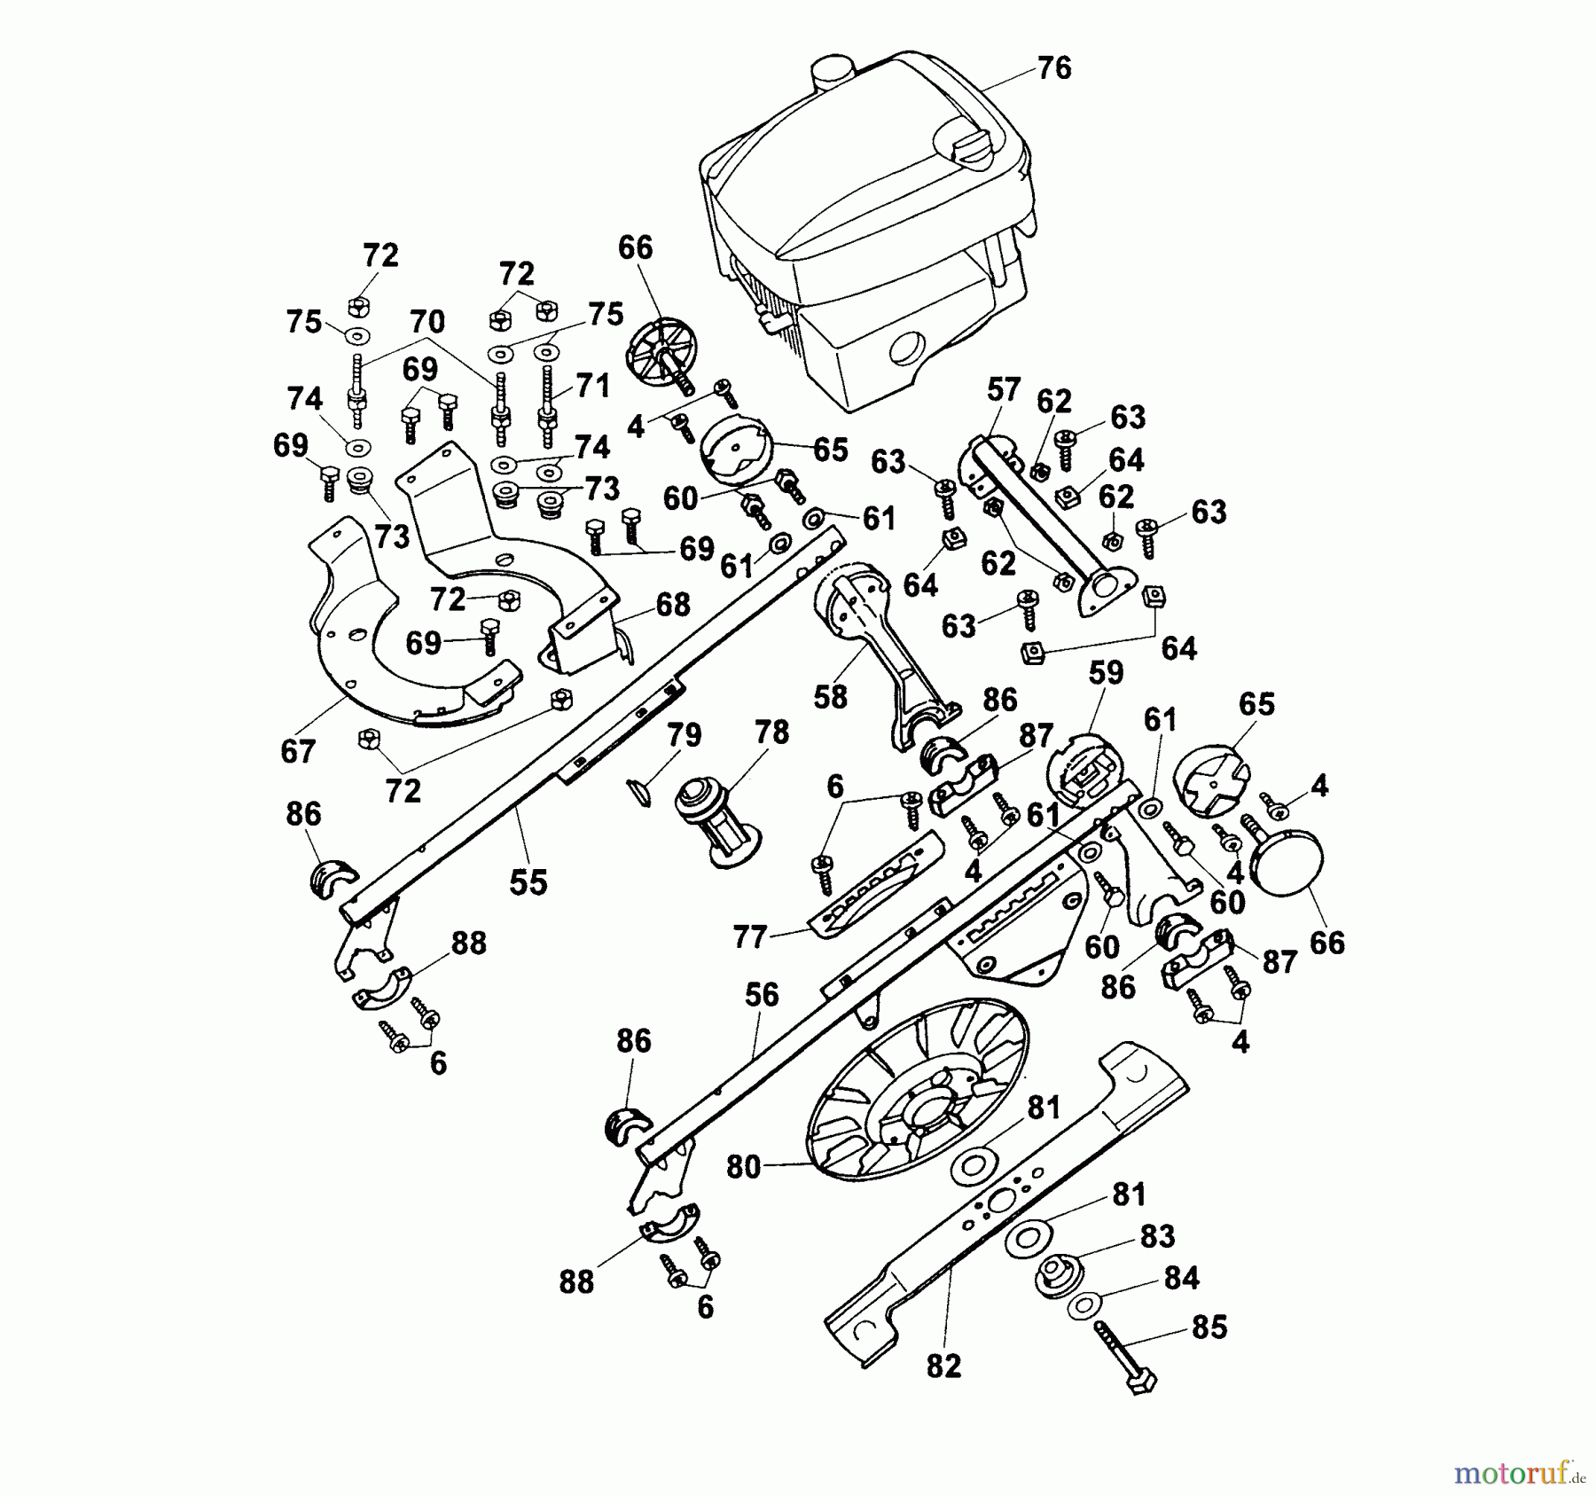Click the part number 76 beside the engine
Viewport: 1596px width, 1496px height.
[1053, 68]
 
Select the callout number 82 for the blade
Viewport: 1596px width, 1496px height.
[943, 1366]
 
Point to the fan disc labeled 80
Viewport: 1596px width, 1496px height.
[918, 1090]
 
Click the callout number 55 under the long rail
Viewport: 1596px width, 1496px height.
[528, 882]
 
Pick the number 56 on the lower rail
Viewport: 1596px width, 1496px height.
[762, 995]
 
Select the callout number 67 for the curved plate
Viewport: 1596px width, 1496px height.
[298, 751]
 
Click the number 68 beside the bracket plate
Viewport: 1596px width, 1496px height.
[672, 605]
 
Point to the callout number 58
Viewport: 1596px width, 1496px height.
[831, 697]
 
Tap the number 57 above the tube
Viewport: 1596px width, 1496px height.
[1004, 389]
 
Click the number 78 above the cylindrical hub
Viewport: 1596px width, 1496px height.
[771, 732]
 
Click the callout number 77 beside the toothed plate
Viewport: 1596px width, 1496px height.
[750, 936]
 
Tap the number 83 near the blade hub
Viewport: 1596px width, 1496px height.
[1157, 1236]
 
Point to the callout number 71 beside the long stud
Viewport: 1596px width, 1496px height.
[592, 386]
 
